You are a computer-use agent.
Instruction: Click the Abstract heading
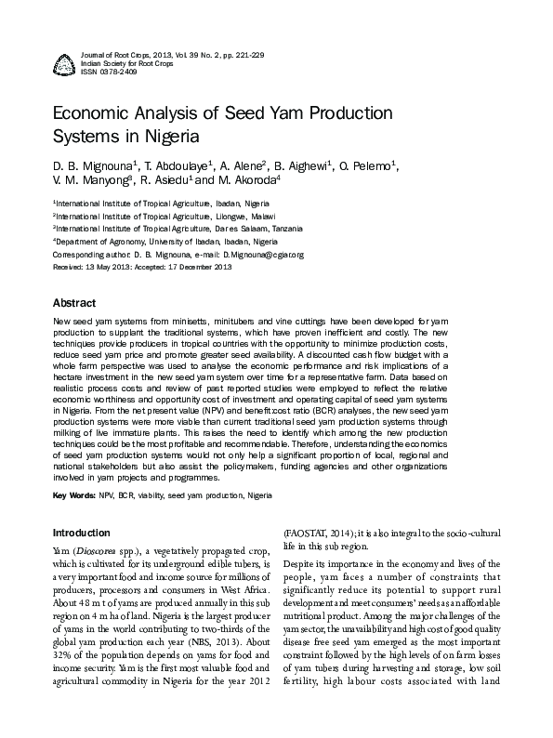click(73, 304)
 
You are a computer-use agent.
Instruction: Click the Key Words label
click(73, 496)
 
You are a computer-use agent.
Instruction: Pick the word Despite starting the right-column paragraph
click(301, 563)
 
